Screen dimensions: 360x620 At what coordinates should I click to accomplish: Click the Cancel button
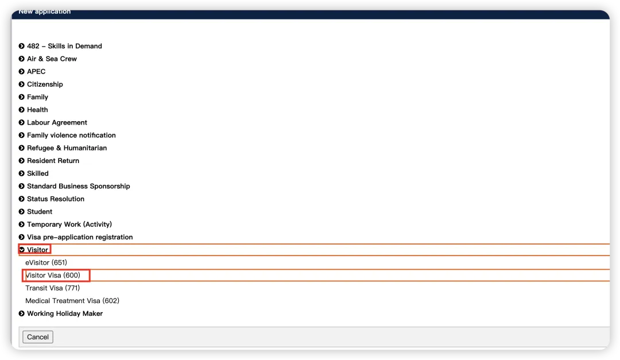(38, 337)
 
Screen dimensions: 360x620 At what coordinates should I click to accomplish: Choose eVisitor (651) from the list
(46, 263)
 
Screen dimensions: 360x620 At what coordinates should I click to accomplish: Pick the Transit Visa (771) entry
(52, 288)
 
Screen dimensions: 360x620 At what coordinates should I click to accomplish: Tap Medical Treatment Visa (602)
(72, 301)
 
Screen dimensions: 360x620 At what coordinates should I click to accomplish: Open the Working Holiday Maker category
(65, 313)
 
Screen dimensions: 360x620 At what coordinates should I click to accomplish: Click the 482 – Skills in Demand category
(64, 46)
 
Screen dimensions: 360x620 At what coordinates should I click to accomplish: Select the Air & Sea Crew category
(52, 59)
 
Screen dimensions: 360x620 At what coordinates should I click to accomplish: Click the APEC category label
(36, 72)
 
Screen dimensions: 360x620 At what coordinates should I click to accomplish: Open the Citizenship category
(45, 84)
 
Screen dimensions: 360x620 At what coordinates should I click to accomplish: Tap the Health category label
(37, 110)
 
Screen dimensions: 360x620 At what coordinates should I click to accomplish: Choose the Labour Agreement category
(57, 123)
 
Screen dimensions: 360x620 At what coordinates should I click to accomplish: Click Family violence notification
(71, 136)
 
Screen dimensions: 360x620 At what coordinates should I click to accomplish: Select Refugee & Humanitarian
(67, 148)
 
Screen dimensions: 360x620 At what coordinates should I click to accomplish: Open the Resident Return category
(53, 161)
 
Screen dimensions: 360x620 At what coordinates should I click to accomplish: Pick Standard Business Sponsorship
(78, 186)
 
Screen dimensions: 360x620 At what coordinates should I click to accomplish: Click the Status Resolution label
(56, 199)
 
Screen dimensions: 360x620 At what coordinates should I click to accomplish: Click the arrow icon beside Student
(22, 212)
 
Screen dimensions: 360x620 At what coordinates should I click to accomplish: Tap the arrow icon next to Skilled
(22, 173)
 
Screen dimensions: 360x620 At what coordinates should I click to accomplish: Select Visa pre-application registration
(80, 237)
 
